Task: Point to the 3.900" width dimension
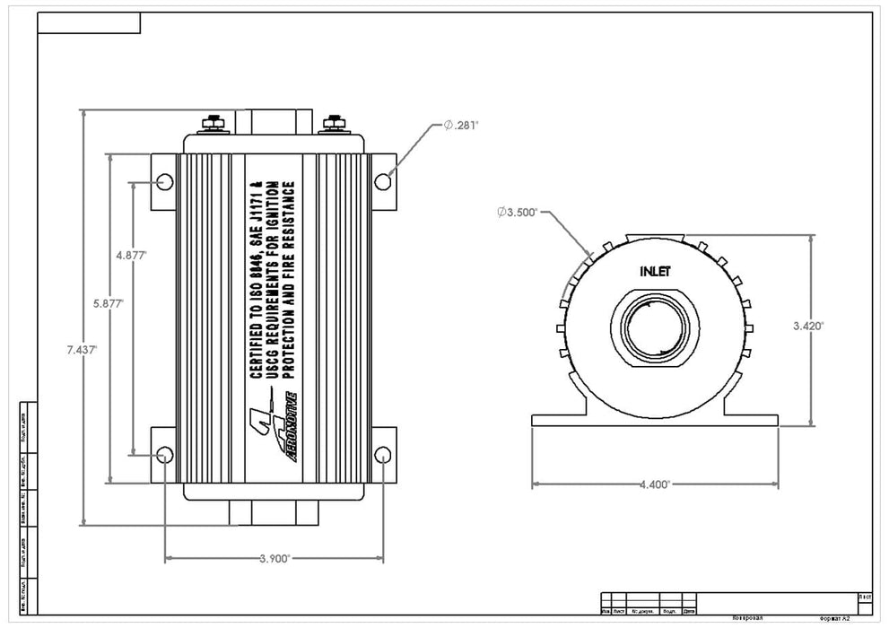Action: pos(275,558)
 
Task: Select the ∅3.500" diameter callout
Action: pos(517,213)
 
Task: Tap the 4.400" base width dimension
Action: pos(654,484)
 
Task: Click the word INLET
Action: pos(655,270)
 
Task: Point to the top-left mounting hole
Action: pos(164,182)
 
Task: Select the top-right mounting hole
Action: pos(383,182)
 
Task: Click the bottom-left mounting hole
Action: pos(164,455)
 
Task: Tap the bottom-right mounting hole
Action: pos(383,455)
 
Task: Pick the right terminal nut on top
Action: pos(336,123)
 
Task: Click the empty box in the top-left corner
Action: pos(89,22)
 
